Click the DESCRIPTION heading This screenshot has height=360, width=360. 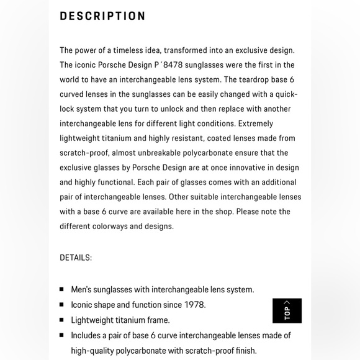click(103, 16)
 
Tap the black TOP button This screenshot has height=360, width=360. click(287, 310)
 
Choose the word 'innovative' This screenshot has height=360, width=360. click(242, 168)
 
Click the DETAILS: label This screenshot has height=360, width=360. click(76, 257)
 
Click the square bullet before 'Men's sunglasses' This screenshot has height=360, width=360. click(62, 289)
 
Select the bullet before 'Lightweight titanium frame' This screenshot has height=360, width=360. click(62, 320)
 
